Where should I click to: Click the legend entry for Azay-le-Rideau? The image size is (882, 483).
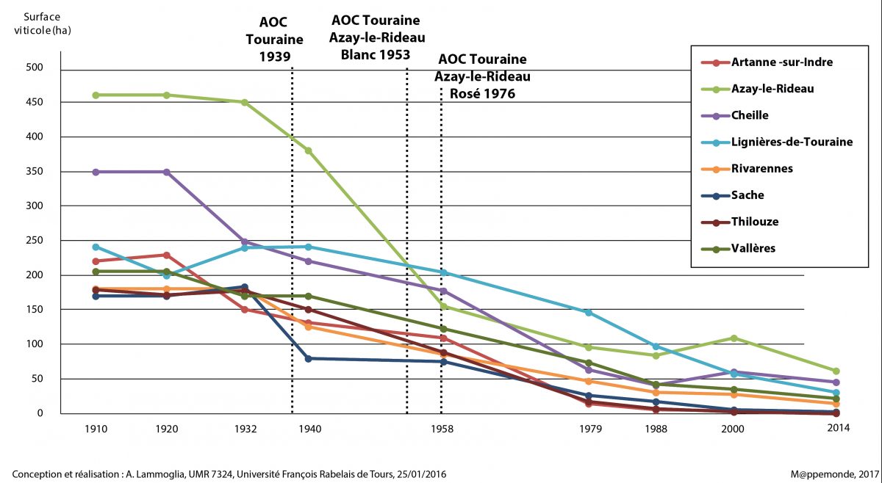(x=772, y=89)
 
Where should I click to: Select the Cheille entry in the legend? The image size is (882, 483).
(x=750, y=115)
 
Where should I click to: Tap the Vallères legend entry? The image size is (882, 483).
(x=753, y=248)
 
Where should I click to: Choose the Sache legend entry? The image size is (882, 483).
(x=747, y=195)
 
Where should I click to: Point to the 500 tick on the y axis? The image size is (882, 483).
(x=34, y=68)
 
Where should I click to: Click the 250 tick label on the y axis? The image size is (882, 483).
(x=34, y=241)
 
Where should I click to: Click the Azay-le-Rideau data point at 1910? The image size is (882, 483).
(x=96, y=95)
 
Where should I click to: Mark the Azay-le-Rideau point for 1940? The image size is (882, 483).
(x=308, y=150)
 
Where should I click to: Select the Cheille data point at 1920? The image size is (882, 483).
(x=167, y=172)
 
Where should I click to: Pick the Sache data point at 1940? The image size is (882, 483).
(x=308, y=358)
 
